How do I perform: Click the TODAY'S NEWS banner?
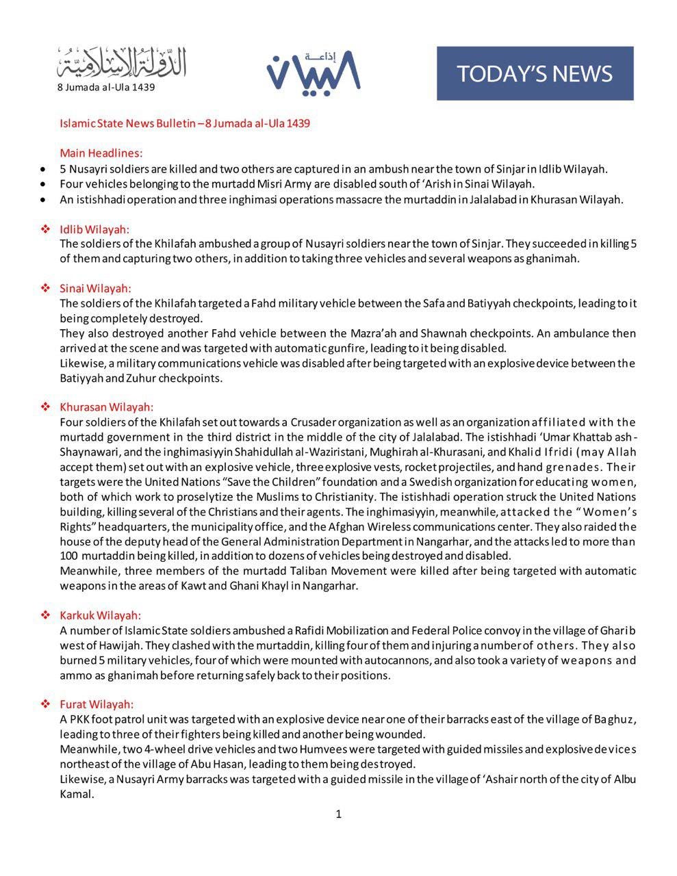[535, 73]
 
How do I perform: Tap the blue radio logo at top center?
[313, 71]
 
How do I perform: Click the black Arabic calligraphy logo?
[122, 63]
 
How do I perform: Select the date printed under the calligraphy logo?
[106, 88]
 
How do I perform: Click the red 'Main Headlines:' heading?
[101, 153]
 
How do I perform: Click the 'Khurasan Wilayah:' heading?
[106, 407]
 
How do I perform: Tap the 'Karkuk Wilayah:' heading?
[100, 615]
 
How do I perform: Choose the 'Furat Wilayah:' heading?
[97, 704]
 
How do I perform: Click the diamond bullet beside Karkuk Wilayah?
[46, 615]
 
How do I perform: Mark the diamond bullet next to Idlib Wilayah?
[46, 229]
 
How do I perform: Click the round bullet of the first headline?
[44, 169]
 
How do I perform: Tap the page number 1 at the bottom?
[338, 814]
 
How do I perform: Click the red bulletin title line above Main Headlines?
[185, 123]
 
